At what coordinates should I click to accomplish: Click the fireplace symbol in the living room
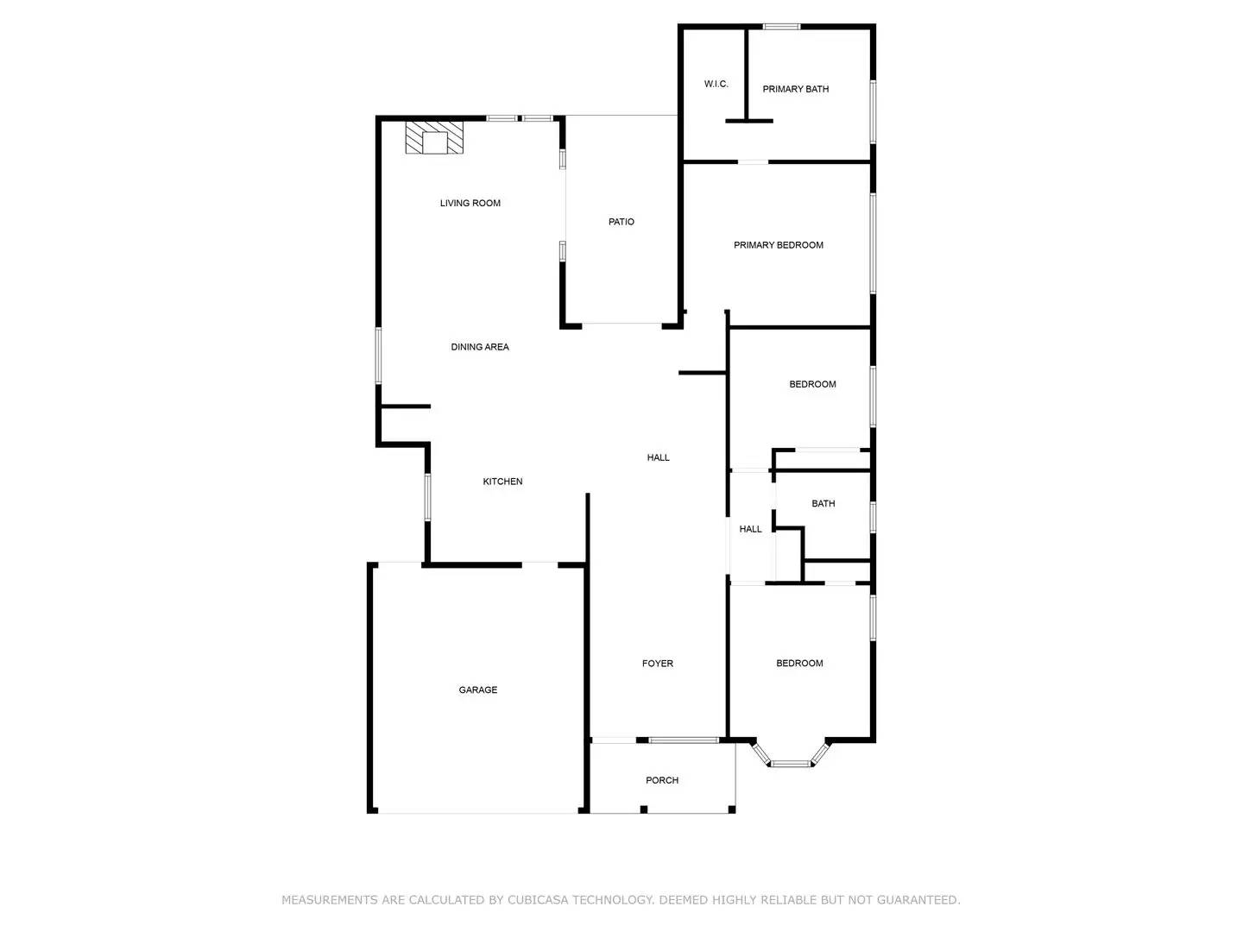(x=434, y=137)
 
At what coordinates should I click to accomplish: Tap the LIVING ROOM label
(x=470, y=204)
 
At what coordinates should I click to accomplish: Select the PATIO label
(x=621, y=223)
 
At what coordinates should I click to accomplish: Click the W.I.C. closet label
(x=716, y=85)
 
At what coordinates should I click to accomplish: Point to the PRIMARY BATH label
(x=796, y=90)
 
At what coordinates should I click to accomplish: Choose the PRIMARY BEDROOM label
(x=779, y=246)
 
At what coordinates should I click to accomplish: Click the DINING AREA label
(x=480, y=348)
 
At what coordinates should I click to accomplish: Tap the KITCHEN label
(x=502, y=482)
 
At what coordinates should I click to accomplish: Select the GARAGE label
(x=478, y=690)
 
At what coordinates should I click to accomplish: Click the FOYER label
(x=658, y=664)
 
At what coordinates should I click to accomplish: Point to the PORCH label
(x=662, y=781)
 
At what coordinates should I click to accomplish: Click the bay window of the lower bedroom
(x=791, y=762)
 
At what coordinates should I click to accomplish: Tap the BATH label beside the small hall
(x=823, y=504)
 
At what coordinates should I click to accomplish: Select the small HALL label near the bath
(x=751, y=530)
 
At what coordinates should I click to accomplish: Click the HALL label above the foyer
(x=659, y=458)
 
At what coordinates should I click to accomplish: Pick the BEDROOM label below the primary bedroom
(x=813, y=385)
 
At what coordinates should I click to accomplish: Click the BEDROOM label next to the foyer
(x=800, y=664)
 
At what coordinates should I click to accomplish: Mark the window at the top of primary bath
(x=781, y=27)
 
